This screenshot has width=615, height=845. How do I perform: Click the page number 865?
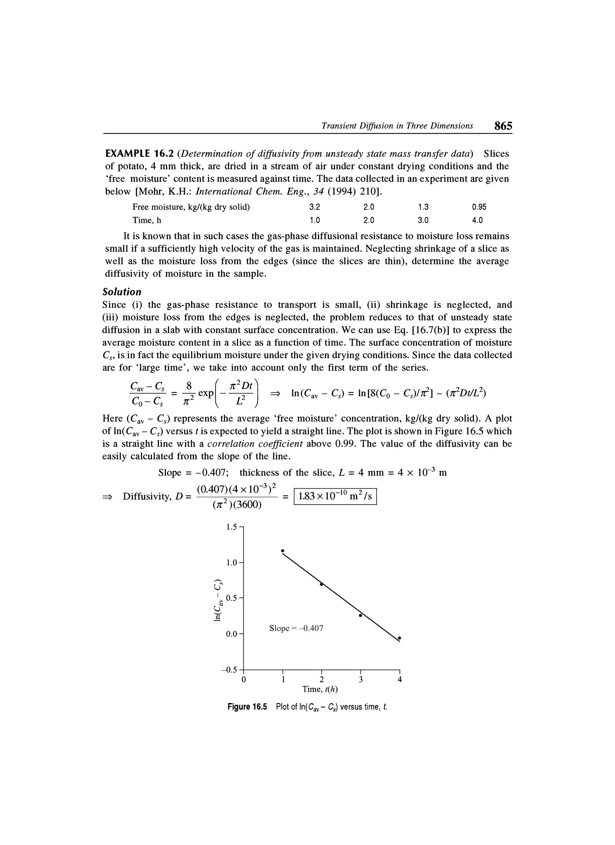pyautogui.click(x=503, y=126)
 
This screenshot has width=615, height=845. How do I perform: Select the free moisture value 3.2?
pyautogui.click(x=315, y=207)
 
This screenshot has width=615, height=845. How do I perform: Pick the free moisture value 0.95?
pyautogui.click(x=479, y=207)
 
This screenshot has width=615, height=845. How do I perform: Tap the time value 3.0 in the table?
pyautogui.click(x=423, y=220)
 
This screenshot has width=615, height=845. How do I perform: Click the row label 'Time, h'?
pyautogui.click(x=147, y=220)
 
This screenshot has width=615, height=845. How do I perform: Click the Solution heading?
pyautogui.click(x=122, y=292)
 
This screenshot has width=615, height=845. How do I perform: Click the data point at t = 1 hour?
pyautogui.click(x=283, y=550)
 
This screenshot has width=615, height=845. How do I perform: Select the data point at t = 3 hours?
pyautogui.click(x=360, y=616)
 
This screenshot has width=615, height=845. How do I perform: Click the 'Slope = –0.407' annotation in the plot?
pyautogui.click(x=296, y=628)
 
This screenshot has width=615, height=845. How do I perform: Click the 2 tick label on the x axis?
pyautogui.click(x=322, y=679)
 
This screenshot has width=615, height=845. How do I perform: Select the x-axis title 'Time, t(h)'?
pyautogui.click(x=320, y=689)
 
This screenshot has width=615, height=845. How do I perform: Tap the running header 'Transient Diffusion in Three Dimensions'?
pyautogui.click(x=397, y=126)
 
